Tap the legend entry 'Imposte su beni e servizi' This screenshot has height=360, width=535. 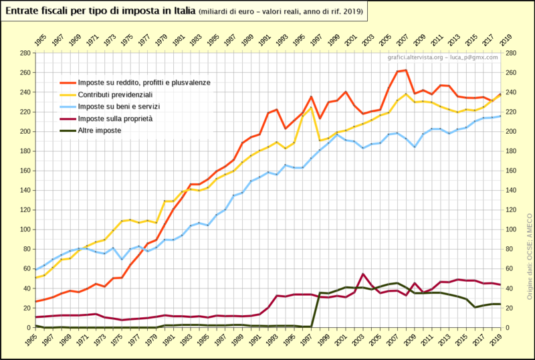click(x=118, y=106)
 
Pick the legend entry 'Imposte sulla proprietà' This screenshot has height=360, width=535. click(x=115, y=118)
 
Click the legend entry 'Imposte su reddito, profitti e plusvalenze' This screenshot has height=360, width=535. click(x=144, y=82)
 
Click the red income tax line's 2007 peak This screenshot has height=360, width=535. click(x=406, y=70)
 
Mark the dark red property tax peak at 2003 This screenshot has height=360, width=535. click(x=363, y=274)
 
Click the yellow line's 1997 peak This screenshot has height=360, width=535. click(x=311, y=108)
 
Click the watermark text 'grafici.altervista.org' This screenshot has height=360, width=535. click(x=415, y=58)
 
